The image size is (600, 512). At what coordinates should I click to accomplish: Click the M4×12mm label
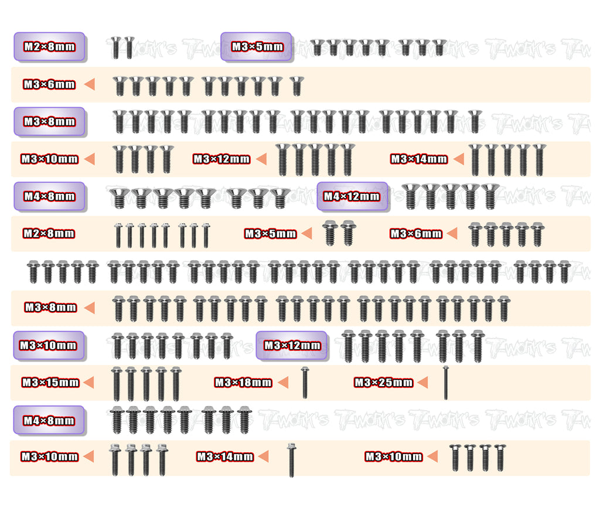(x=352, y=197)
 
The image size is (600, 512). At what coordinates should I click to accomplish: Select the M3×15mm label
(x=50, y=383)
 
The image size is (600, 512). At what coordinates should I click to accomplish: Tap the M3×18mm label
(x=243, y=383)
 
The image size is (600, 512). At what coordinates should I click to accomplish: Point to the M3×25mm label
(x=384, y=383)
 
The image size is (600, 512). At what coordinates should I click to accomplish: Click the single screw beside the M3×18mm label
(x=305, y=383)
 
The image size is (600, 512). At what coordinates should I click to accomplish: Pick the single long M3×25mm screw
(x=445, y=383)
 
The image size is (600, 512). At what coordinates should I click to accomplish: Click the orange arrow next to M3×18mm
(x=283, y=383)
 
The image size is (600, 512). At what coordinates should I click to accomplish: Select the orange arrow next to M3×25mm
(x=423, y=383)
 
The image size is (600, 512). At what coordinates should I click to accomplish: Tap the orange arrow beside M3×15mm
(x=89, y=383)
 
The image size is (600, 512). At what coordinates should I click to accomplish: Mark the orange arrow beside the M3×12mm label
(x=261, y=159)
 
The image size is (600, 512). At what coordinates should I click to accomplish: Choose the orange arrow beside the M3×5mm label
(x=307, y=233)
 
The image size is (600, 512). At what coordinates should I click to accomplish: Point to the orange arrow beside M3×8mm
(x=90, y=308)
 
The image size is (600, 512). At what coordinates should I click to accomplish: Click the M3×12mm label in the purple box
(x=292, y=346)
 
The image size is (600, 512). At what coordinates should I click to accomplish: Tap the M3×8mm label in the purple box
(x=49, y=122)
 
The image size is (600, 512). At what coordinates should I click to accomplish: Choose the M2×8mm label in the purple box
(x=49, y=47)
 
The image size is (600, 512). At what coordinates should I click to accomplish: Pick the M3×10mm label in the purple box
(x=48, y=346)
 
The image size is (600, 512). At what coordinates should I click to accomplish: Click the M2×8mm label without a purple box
(x=49, y=233)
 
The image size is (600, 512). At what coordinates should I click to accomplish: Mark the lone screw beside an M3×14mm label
(x=292, y=460)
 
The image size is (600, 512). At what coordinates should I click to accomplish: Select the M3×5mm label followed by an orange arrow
(x=271, y=233)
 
